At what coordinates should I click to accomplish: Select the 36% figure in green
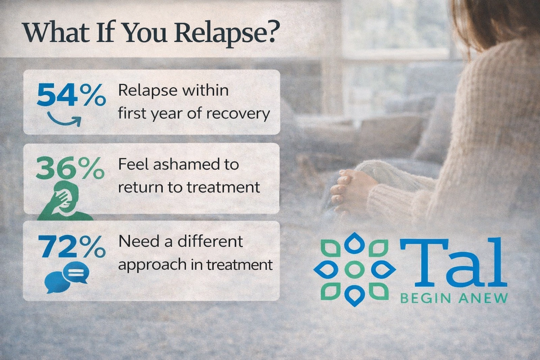[x=70, y=169]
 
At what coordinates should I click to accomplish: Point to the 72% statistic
[x=72, y=246]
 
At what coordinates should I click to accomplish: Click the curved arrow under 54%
[x=64, y=120]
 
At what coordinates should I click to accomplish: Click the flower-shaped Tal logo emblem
[x=355, y=269]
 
